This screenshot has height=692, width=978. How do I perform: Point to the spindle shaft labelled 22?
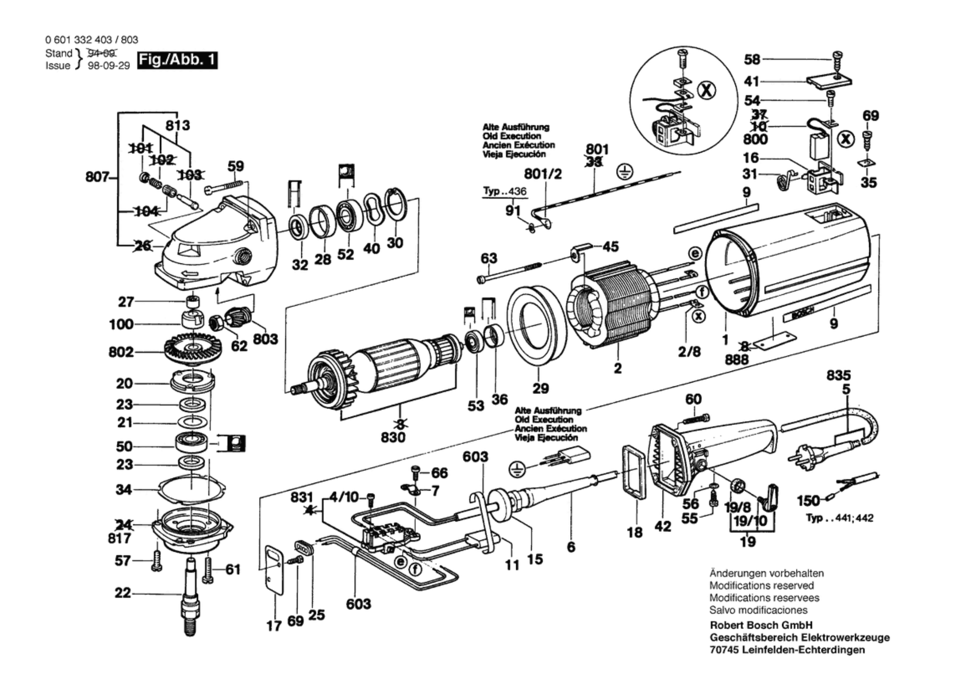pyautogui.click(x=190, y=596)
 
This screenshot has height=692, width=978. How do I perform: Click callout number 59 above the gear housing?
pyautogui.click(x=236, y=166)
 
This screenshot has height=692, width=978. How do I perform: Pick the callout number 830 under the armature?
pyautogui.click(x=393, y=438)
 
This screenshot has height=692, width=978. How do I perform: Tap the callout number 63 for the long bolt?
pyautogui.click(x=489, y=258)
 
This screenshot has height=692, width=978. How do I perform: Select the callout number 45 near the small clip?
pyautogui.click(x=611, y=246)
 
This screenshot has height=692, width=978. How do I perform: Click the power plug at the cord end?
pyautogui.click(x=804, y=454)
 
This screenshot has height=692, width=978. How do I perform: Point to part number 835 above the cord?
pyautogui.click(x=839, y=376)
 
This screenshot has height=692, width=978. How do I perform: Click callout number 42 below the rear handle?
pyautogui.click(x=663, y=527)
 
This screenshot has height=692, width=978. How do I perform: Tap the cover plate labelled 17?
pyautogui.click(x=274, y=570)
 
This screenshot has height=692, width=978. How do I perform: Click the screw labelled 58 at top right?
pyautogui.click(x=837, y=60)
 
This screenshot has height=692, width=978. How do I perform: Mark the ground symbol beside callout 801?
pyautogui.click(x=624, y=172)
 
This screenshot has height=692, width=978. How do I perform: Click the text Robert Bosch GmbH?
pyautogui.click(x=761, y=625)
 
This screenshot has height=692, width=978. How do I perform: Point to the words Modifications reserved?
pyautogui.click(x=761, y=585)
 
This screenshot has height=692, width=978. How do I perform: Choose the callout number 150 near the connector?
pyautogui.click(x=808, y=501)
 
